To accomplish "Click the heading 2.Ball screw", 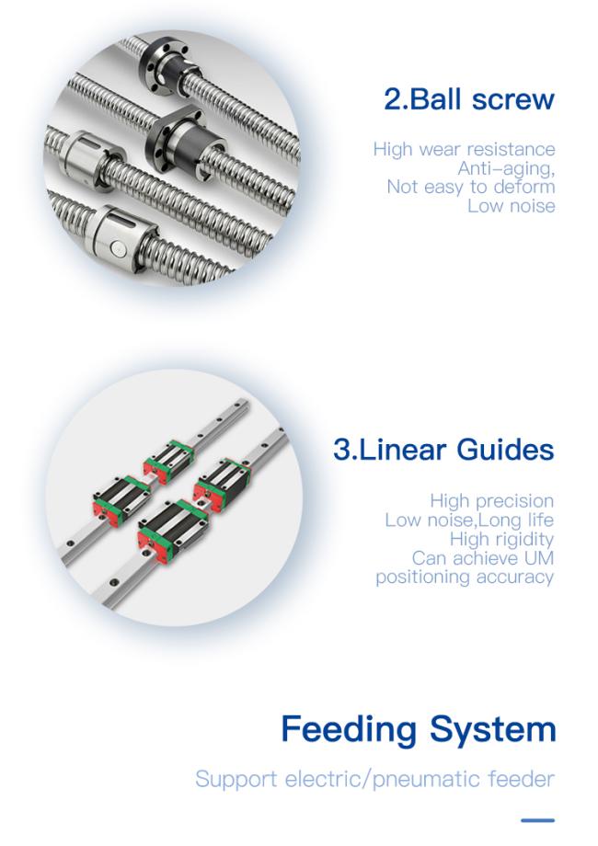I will pyautogui.click(x=468, y=98).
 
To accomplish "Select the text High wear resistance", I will pyautogui.click(x=464, y=149).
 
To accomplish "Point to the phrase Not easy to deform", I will pyautogui.click(x=470, y=187).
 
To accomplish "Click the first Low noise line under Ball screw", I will pyautogui.click(x=511, y=206).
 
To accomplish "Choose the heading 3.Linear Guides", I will pyautogui.click(x=443, y=451).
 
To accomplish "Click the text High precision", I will pyautogui.click(x=491, y=501).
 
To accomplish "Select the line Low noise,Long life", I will pyautogui.click(x=469, y=520).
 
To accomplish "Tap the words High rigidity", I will pyautogui.click(x=502, y=539).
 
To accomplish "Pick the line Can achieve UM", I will pyautogui.click(x=483, y=558).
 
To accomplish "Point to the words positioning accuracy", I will pyautogui.click(x=465, y=577).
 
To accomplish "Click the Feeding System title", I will pyautogui.click(x=418, y=729).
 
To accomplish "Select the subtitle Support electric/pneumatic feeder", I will pyautogui.click(x=375, y=779).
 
